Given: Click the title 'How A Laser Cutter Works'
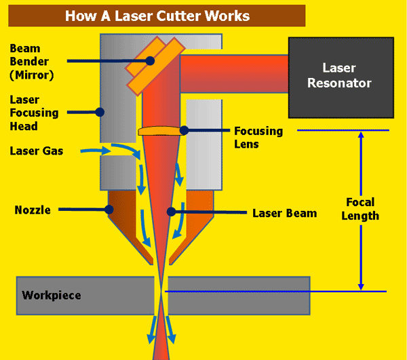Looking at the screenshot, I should (x=157, y=15).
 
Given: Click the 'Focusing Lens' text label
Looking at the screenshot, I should (x=256, y=136).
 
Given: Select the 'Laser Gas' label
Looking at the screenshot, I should (x=37, y=151).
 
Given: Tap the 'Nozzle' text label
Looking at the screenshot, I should (x=33, y=210).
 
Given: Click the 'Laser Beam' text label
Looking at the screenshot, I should (x=284, y=213).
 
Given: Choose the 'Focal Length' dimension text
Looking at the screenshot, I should (x=360, y=209).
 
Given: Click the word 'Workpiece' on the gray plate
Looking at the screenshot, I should (x=51, y=296).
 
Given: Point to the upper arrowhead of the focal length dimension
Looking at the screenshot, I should (x=361, y=136).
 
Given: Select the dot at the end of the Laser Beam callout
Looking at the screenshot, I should (x=172, y=212).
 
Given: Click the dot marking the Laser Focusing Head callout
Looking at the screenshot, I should (x=99, y=111).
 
